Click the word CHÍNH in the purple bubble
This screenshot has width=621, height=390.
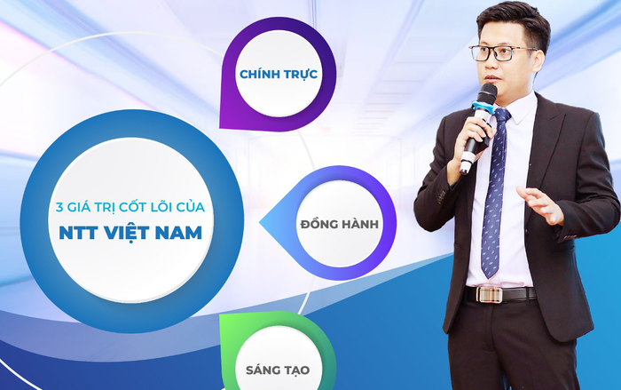(x=259, y=73)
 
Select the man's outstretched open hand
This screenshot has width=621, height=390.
(x=538, y=204)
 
